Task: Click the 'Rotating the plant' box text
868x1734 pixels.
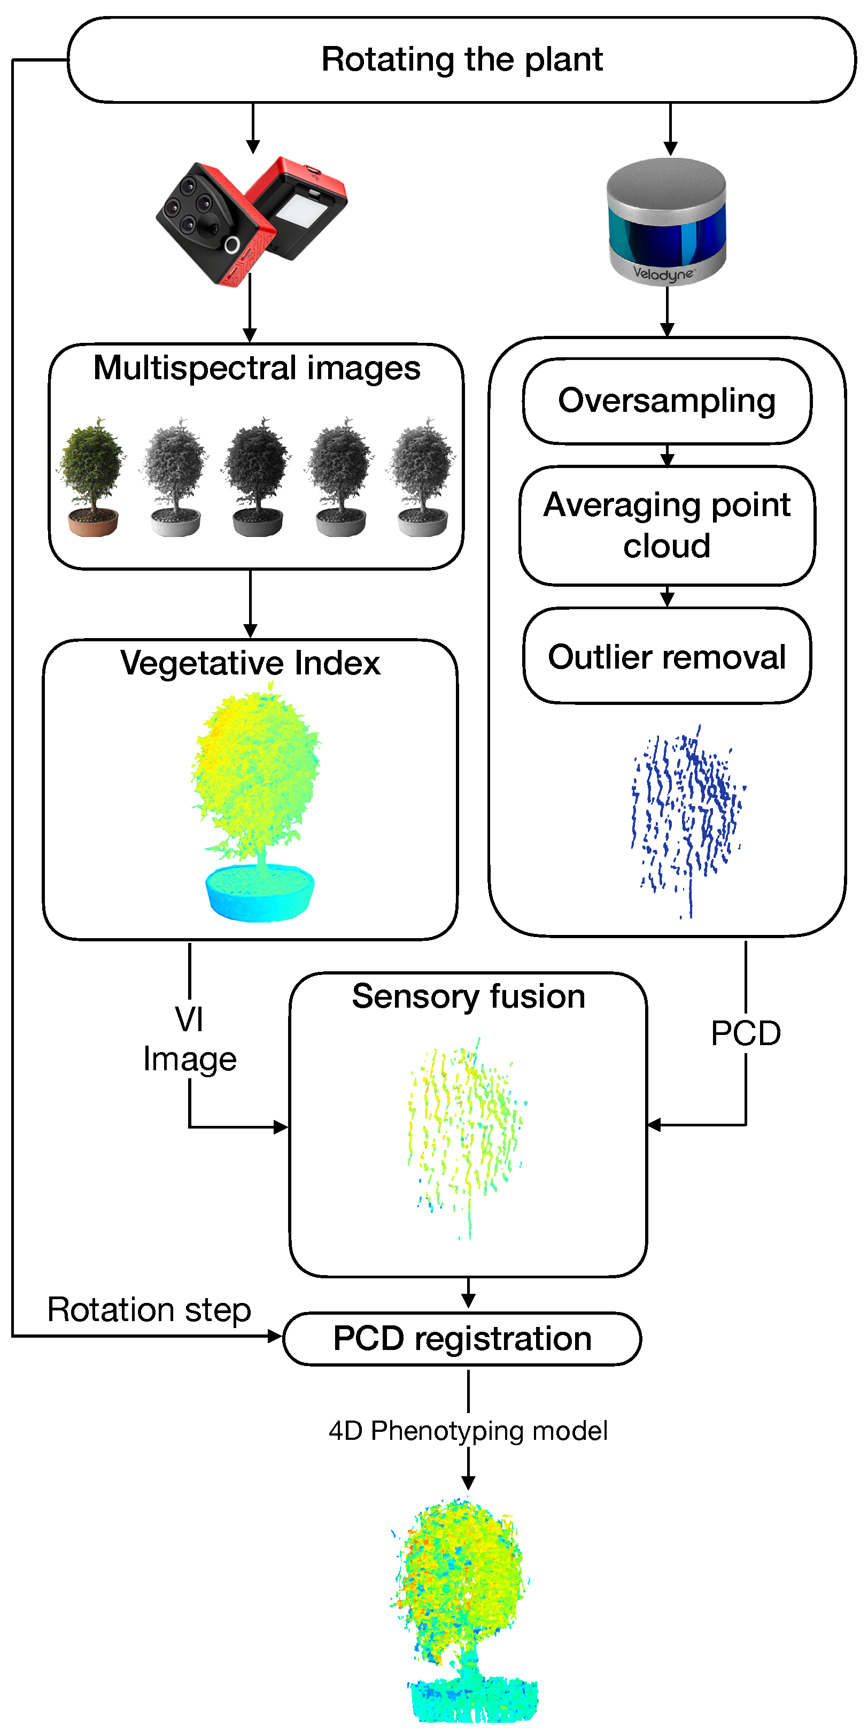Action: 462,59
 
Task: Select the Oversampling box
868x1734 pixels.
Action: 666,401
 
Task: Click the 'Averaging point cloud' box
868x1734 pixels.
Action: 666,525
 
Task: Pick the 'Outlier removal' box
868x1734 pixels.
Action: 666,656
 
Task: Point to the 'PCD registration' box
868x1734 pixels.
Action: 462,1338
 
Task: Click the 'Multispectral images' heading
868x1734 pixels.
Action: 257,368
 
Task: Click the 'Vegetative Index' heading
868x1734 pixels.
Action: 250,663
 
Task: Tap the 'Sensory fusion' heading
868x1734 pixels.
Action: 468,996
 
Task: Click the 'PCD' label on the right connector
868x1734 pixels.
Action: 746,1033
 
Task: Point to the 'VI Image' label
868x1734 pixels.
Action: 190,1039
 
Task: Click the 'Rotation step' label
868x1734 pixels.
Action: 149,1310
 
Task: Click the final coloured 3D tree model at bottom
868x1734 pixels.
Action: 464,1609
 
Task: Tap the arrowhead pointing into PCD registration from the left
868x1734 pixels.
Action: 275,1336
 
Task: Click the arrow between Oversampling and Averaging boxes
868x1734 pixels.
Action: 667,456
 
